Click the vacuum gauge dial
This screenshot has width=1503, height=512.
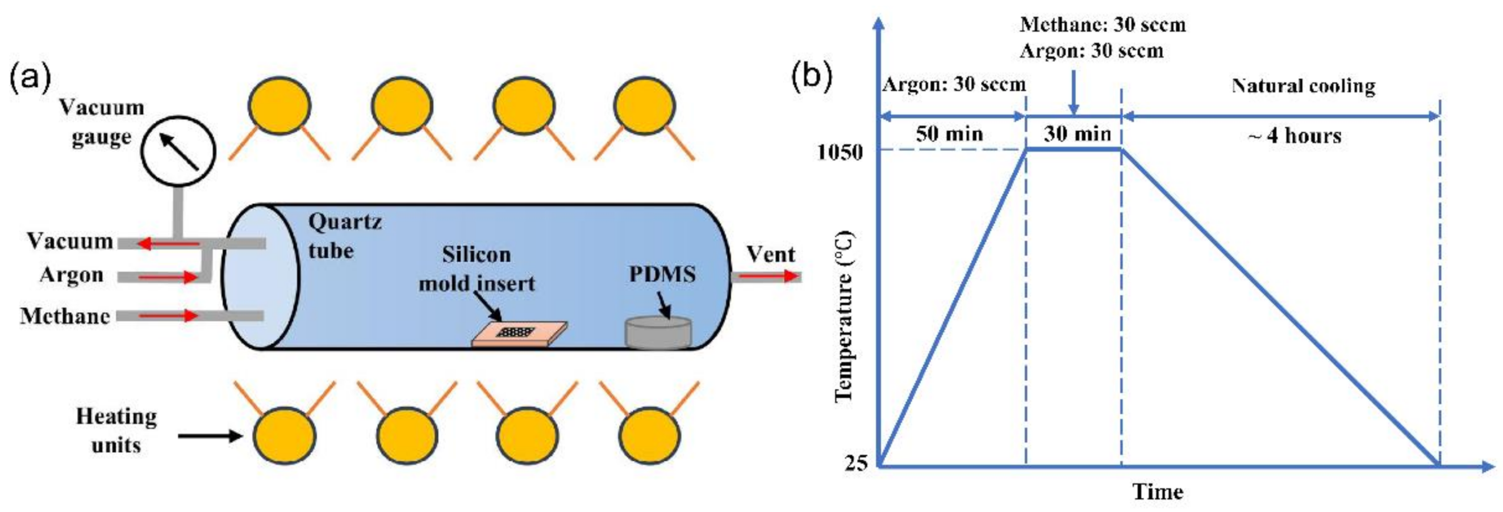(x=178, y=150)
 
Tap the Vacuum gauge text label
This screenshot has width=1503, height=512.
(x=101, y=123)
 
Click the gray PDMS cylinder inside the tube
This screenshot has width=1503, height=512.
(x=658, y=334)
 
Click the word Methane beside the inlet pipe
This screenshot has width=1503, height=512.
(x=65, y=316)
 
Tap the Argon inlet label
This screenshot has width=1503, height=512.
(x=71, y=275)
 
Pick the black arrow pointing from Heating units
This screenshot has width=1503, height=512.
(x=210, y=435)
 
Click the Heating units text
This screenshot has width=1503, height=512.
(x=116, y=431)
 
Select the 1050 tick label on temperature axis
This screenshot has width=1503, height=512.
(x=840, y=153)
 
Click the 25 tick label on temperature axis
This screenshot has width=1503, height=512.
(x=856, y=463)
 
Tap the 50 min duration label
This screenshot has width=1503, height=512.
(x=949, y=134)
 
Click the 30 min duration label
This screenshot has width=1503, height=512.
(x=1077, y=134)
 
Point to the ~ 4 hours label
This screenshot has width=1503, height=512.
(x=1294, y=136)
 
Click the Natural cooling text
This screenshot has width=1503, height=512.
(x=1303, y=86)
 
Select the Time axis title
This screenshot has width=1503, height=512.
(x=1158, y=492)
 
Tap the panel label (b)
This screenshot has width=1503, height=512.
(x=811, y=76)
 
